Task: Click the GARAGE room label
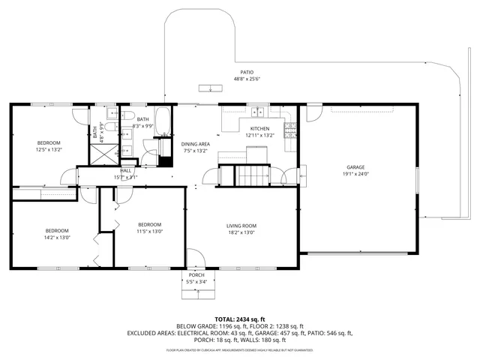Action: point(355,166)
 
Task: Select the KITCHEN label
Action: point(260,129)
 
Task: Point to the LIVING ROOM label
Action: point(241,225)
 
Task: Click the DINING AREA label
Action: point(195,143)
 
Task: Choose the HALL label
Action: point(125,170)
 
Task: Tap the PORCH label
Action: point(196,275)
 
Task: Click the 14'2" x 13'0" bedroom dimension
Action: point(57,238)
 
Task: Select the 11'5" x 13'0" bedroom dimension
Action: point(149,232)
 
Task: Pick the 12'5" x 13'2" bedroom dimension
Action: point(49,149)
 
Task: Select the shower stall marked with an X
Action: point(100,154)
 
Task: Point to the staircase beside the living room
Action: point(253,177)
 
